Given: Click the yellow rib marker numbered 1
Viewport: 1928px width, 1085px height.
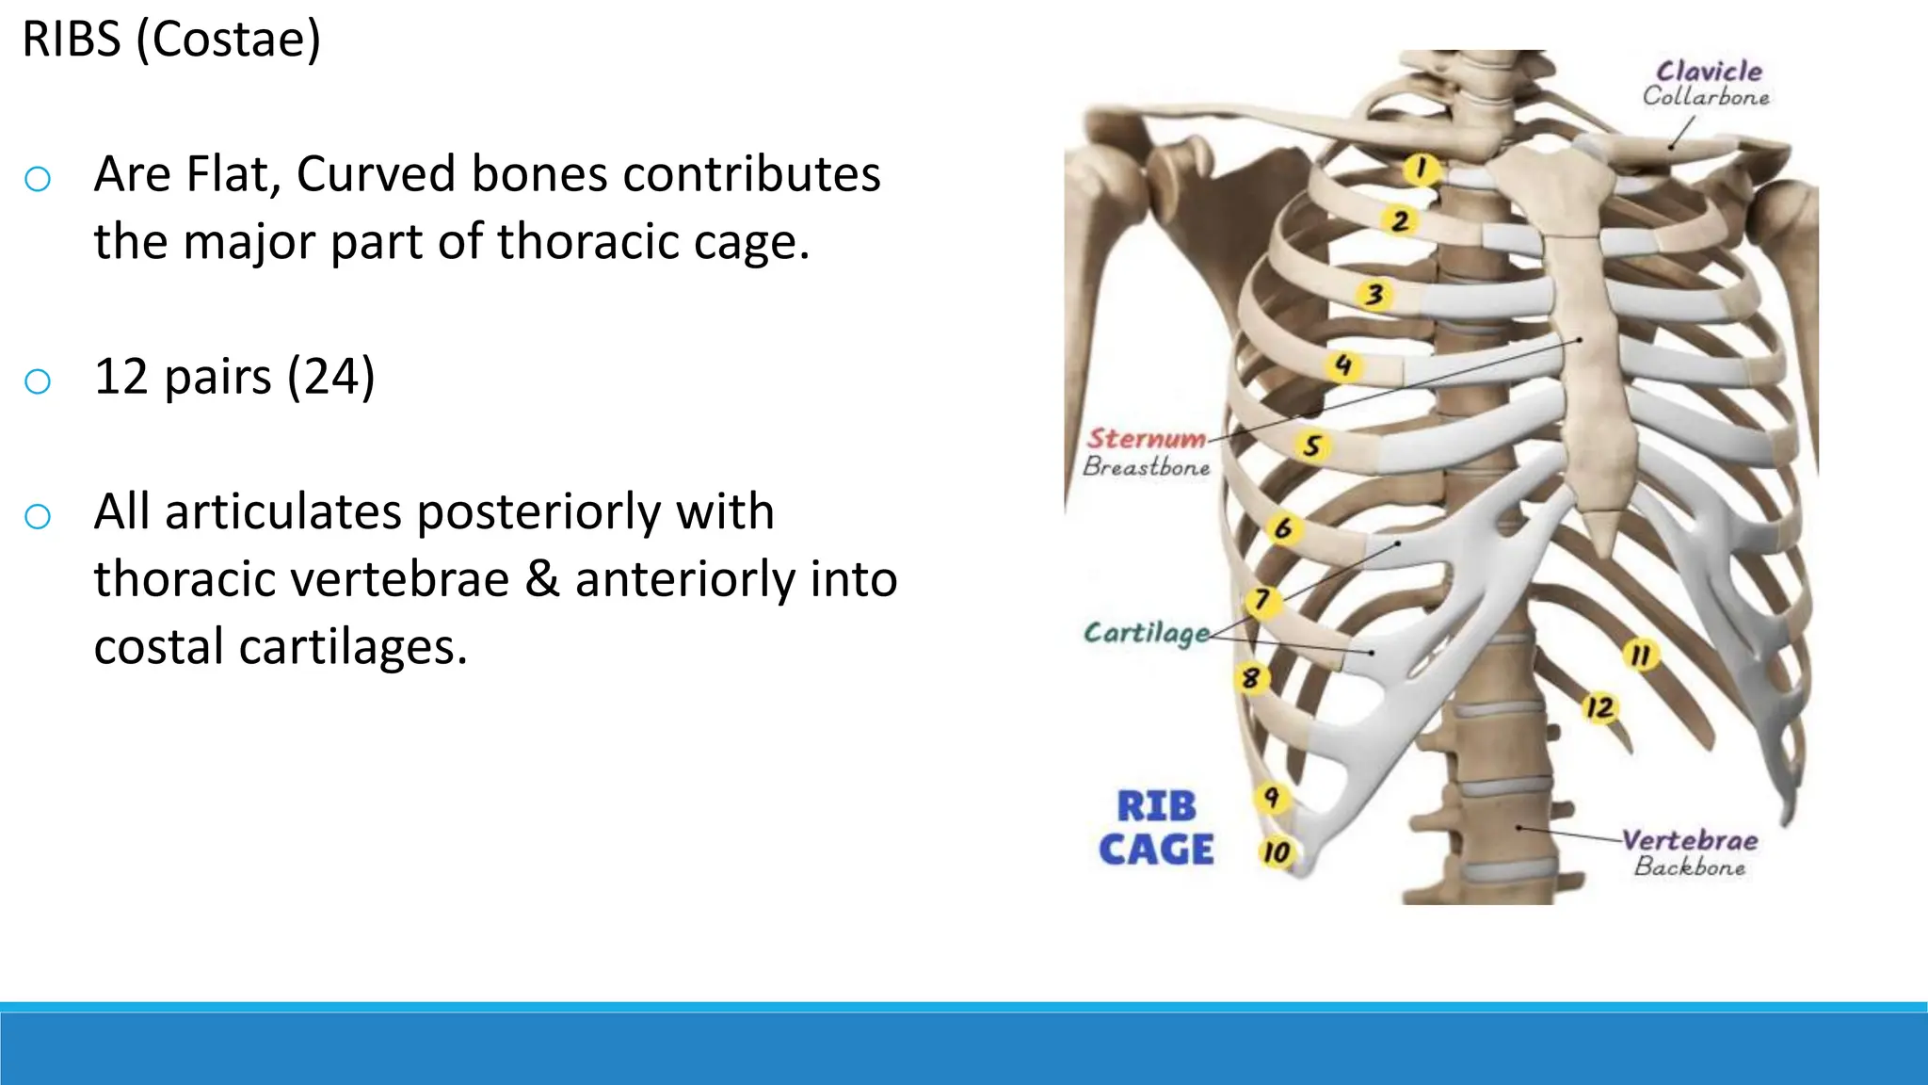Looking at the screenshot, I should point(1421,170).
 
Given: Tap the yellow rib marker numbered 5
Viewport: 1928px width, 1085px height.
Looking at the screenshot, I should point(1311,445).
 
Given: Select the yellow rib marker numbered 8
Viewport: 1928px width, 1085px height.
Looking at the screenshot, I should point(1250,677).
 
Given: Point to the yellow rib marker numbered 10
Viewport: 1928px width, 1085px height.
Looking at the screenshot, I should point(1277,852).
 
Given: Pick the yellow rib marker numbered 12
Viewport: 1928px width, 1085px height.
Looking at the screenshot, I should point(1599,707).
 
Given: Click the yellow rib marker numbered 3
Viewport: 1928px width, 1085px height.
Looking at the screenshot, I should point(1374,295).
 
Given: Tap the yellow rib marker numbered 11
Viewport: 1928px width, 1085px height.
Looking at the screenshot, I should point(1640,655).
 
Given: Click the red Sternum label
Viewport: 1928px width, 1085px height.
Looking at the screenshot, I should point(1146,439).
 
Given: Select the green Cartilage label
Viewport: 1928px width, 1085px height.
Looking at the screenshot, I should point(1146,633).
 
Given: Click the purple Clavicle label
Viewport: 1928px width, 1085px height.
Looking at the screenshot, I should point(1709,72).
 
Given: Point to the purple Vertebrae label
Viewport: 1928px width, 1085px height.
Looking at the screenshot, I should point(1689,840).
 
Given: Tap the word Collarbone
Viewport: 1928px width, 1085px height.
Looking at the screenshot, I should point(1706,97).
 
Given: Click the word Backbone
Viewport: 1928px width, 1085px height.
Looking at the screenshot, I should point(1689,866).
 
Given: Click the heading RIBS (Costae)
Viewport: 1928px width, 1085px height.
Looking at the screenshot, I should point(171,40).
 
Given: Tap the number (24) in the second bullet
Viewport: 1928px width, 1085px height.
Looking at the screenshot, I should point(330,377).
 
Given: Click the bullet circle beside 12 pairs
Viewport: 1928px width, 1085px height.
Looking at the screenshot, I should point(38,381).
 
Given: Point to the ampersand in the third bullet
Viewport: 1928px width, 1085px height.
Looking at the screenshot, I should point(541,579).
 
